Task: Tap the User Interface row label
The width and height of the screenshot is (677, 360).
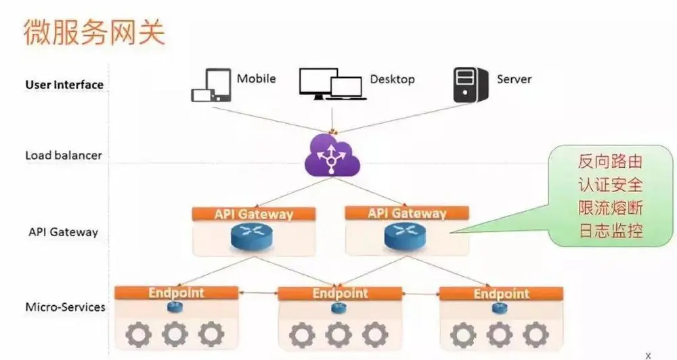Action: (x=64, y=85)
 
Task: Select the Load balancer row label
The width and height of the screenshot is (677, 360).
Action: (x=64, y=155)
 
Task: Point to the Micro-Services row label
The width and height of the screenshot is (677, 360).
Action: (x=65, y=307)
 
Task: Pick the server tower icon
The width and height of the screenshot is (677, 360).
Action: (x=470, y=85)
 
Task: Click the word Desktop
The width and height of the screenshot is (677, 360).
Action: (x=392, y=79)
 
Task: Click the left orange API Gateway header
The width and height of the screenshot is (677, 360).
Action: (x=254, y=215)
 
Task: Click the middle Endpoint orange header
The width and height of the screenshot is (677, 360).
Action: (x=340, y=294)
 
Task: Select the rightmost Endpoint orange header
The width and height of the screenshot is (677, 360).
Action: (x=501, y=294)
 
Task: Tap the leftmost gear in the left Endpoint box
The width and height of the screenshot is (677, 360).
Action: (x=139, y=334)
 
